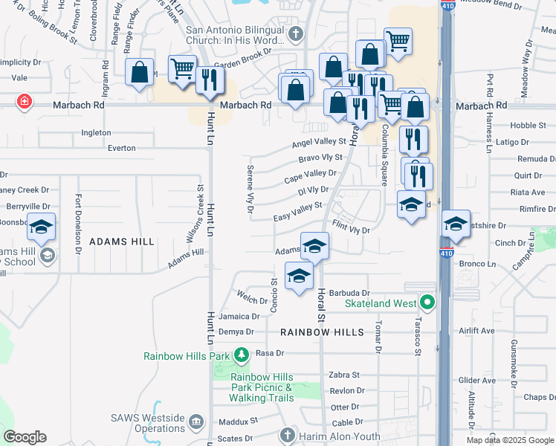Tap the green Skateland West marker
[427, 303]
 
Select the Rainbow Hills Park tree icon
[242, 355]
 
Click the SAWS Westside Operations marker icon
[195, 423]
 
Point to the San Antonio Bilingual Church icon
[296, 34]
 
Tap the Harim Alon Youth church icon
[288, 436]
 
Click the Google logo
[25, 437]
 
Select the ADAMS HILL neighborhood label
[122, 242]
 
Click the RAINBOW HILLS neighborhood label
[322, 332]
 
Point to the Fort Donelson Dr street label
[77, 224]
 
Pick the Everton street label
[122, 148]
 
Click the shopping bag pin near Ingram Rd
[139, 73]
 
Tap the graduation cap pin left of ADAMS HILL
[42, 227]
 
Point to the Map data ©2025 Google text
[509, 440]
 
